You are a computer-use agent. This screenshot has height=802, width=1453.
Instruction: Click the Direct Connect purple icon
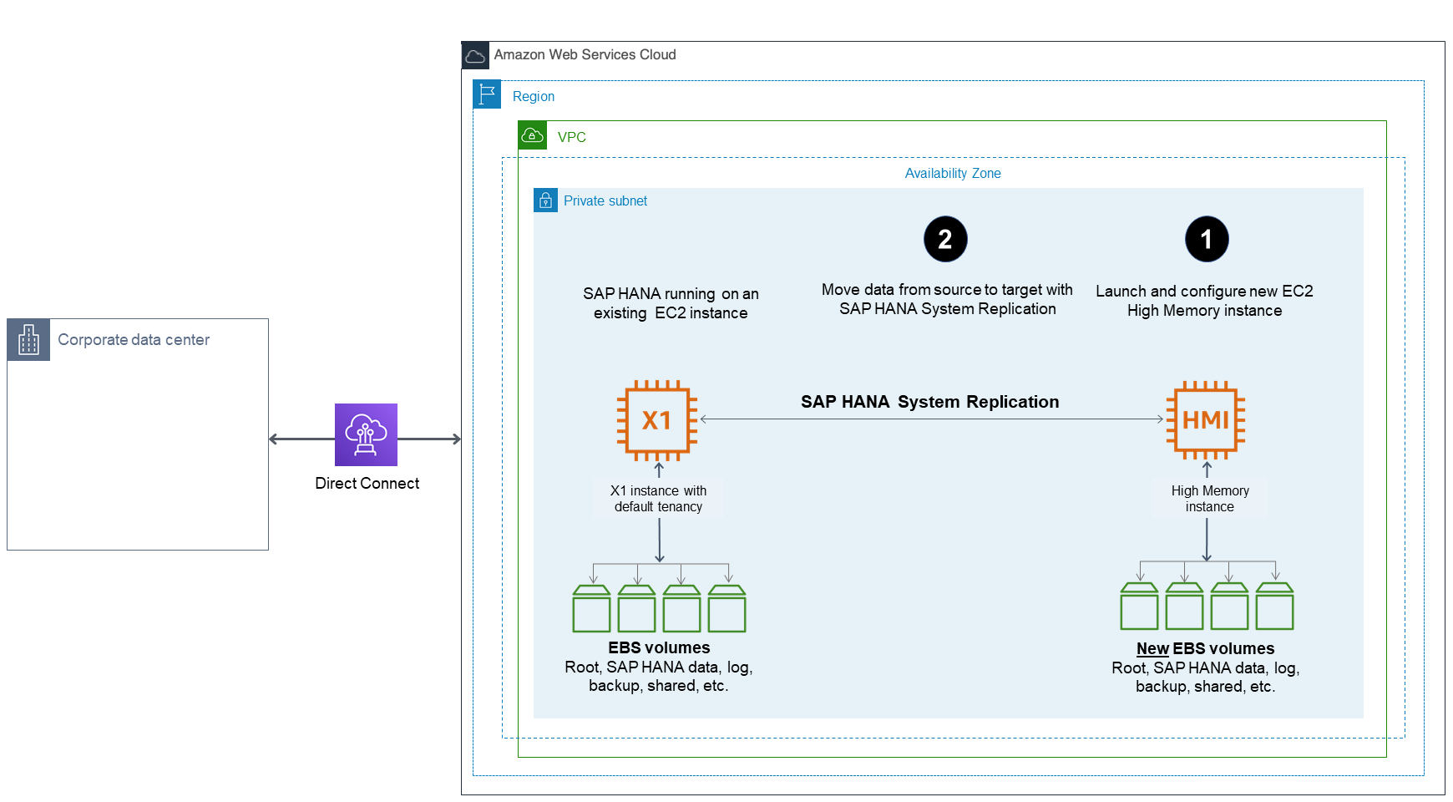(366, 434)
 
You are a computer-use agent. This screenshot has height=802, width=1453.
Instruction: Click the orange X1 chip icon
(657, 420)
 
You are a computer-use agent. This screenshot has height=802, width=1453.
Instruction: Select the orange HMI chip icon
(1206, 419)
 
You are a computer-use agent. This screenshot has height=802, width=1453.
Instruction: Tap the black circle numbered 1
(1207, 239)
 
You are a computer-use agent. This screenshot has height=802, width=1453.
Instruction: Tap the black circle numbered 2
(945, 239)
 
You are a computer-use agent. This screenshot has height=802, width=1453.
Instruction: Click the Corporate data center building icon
(28, 340)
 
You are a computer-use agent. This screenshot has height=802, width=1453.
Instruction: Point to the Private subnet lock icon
(545, 200)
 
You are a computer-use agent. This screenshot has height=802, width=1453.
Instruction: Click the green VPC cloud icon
(532, 135)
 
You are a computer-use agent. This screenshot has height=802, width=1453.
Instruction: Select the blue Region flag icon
(487, 94)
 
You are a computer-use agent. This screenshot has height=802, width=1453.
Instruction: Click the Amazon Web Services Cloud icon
(475, 56)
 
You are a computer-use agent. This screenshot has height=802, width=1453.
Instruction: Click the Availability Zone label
(953, 173)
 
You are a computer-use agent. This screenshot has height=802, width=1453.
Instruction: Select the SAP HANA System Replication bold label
(929, 402)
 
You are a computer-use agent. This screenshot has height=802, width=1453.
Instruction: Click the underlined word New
(1152, 648)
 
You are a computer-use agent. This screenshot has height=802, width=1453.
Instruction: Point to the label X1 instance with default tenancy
(658, 499)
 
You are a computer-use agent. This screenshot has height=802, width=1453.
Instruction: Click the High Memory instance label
(1209, 499)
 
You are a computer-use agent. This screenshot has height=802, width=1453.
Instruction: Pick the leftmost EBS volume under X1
(591, 609)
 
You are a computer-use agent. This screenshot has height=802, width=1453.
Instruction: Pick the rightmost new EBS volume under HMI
(1274, 607)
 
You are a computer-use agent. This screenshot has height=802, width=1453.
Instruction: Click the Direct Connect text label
(367, 483)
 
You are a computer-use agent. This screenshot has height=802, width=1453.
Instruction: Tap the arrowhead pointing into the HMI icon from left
(1160, 419)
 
